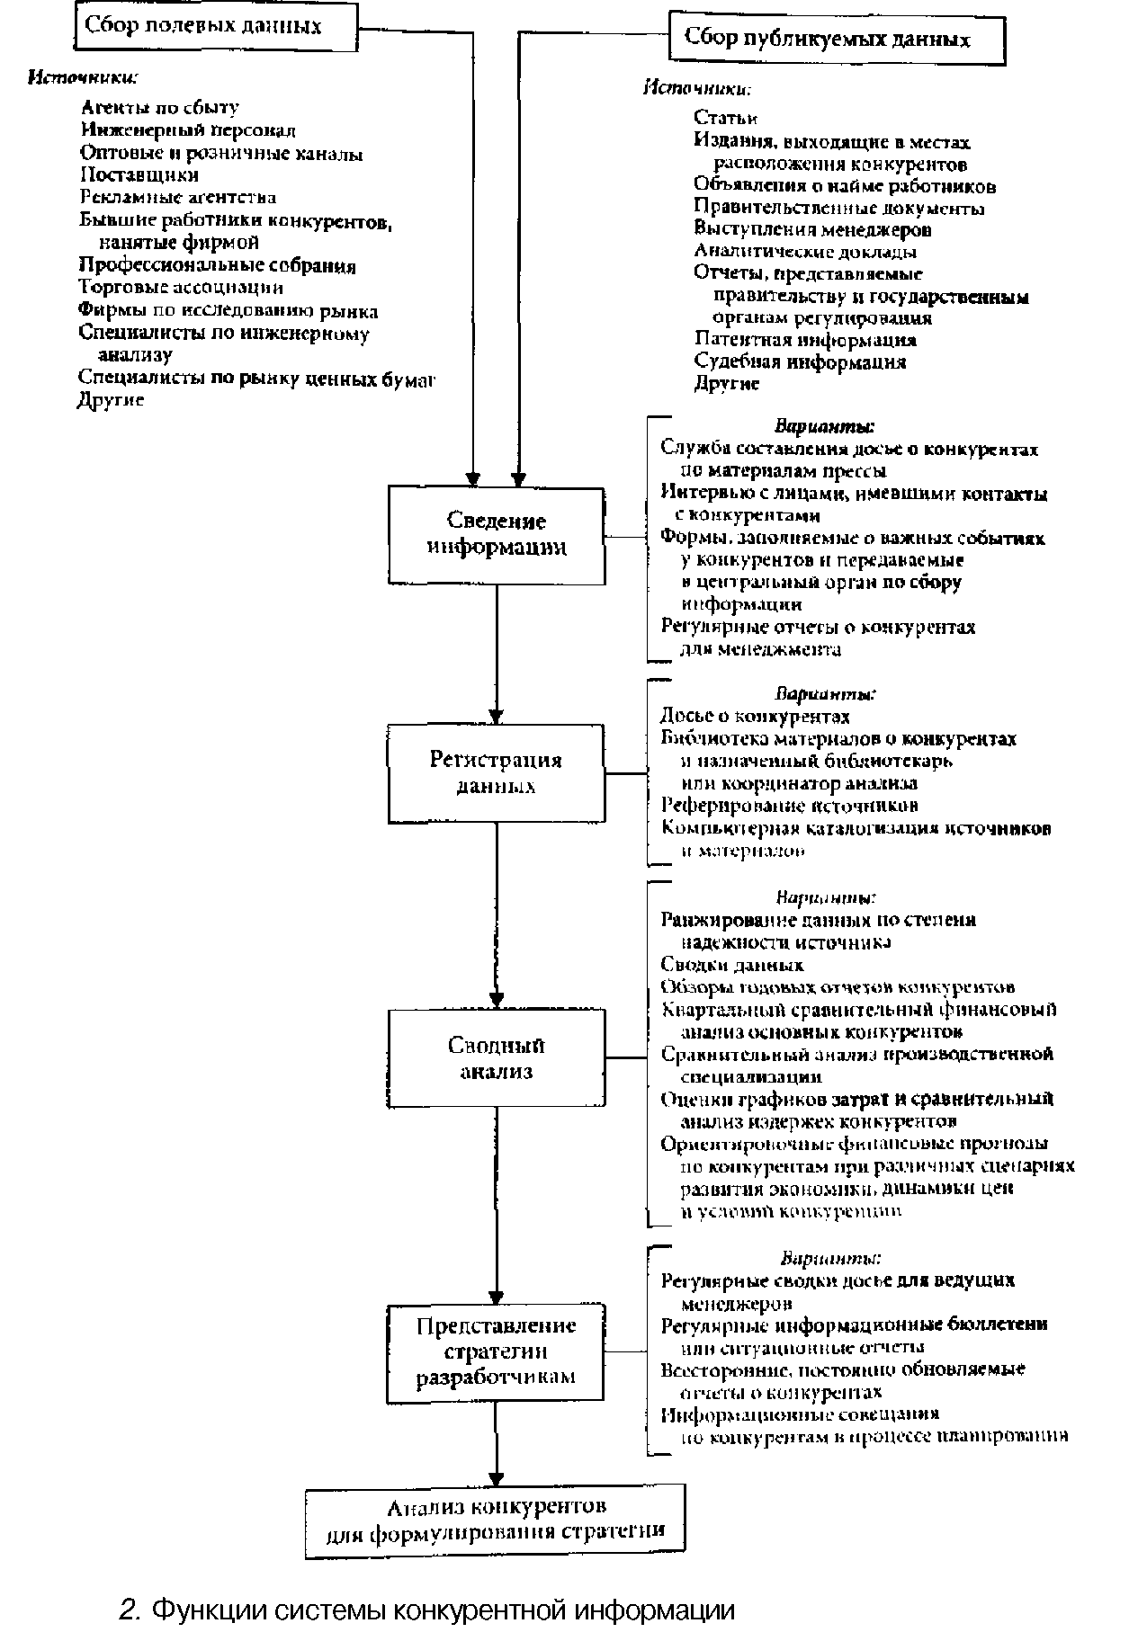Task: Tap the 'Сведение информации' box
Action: tap(497, 534)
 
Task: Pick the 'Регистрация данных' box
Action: tap(497, 772)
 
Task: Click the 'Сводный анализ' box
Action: tap(497, 1057)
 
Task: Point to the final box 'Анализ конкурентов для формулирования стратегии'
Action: tap(495, 1521)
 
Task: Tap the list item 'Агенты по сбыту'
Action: tap(160, 109)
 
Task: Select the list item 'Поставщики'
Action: tap(139, 174)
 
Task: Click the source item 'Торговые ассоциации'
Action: tap(181, 288)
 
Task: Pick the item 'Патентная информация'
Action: tap(805, 340)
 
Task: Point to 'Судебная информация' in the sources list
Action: tap(800, 362)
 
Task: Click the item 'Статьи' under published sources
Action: tap(725, 118)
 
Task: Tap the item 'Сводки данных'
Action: tap(731, 965)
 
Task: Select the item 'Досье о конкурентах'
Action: tap(755, 717)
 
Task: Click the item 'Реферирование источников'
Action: tap(789, 806)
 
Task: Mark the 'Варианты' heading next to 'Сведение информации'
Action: tap(825, 426)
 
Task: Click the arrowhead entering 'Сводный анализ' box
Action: tap(496, 999)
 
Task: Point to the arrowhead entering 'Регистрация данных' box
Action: tap(496, 714)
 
